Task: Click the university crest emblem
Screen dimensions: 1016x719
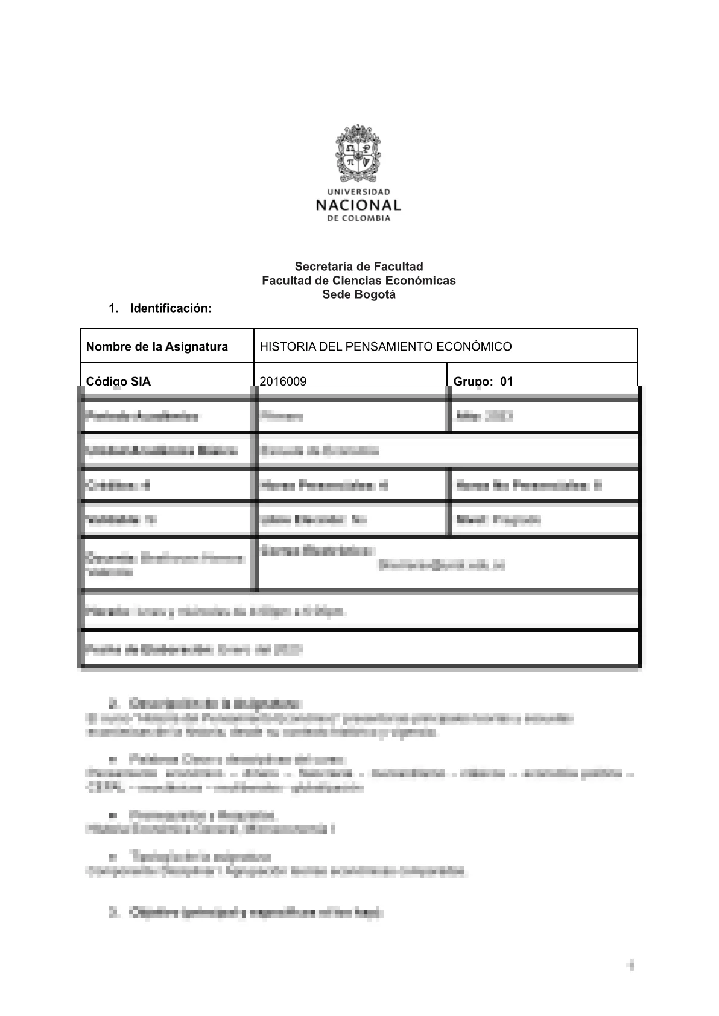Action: [359, 154]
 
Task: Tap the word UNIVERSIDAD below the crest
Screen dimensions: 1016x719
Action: [359, 192]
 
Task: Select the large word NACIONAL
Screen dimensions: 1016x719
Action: [359, 205]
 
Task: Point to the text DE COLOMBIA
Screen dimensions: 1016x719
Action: [359, 218]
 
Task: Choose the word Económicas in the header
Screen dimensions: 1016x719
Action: [420, 281]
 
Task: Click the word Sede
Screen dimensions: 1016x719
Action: [335, 295]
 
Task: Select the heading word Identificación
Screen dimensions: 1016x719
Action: [171, 308]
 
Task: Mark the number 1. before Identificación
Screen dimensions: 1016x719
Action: [113, 308]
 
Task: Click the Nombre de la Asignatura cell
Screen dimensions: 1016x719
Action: [166, 346]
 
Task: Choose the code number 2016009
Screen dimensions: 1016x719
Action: [282, 381]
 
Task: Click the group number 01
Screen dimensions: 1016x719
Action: [507, 381]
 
